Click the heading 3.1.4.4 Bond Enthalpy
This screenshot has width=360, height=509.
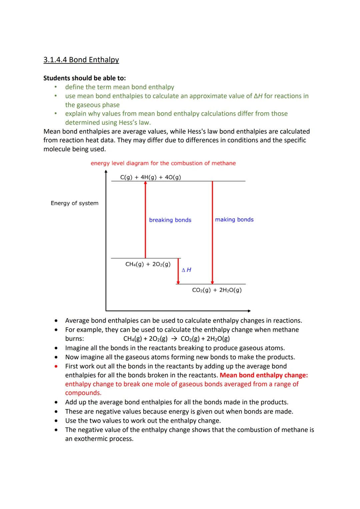(x=81, y=60)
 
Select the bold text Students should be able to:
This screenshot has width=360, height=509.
(x=85, y=78)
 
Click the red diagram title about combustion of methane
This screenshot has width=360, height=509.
(x=163, y=163)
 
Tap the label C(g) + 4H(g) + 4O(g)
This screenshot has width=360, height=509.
(x=150, y=177)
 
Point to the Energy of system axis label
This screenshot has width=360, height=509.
(x=74, y=203)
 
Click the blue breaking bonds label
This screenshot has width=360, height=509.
(x=170, y=220)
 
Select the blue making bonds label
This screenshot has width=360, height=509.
(x=234, y=220)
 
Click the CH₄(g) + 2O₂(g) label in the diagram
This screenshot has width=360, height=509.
(x=148, y=264)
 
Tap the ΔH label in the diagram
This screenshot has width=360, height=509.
(x=187, y=270)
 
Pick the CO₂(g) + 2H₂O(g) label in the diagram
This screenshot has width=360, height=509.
(x=217, y=290)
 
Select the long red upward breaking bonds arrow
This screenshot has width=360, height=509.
(x=145, y=220)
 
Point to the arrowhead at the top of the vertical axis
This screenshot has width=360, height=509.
(x=106, y=172)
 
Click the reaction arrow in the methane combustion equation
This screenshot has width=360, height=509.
(x=174, y=339)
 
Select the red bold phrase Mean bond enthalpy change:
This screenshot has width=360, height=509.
(x=264, y=375)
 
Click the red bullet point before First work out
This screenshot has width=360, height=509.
(x=57, y=366)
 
